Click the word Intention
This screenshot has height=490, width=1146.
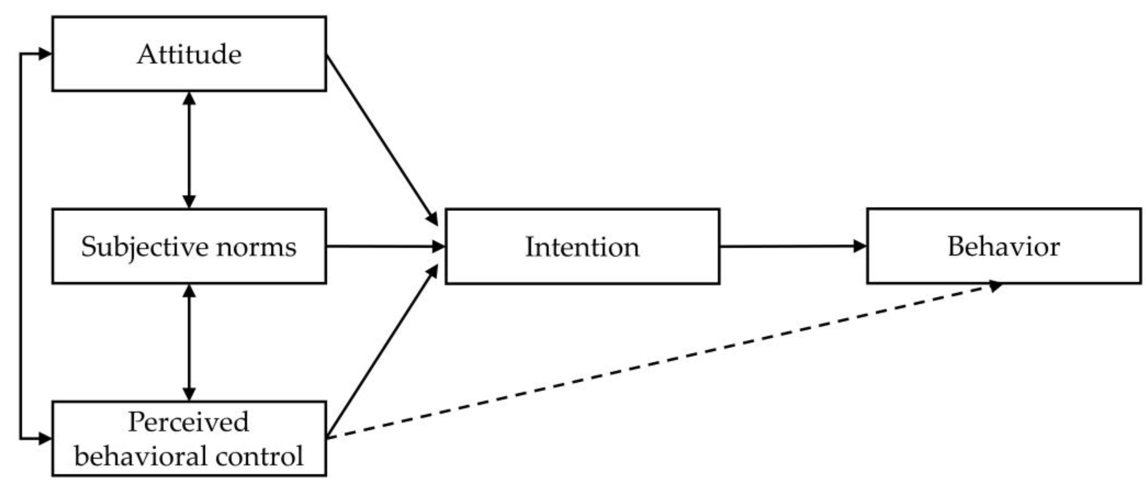[x=582, y=247]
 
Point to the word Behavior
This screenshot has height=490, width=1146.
[x=1003, y=246]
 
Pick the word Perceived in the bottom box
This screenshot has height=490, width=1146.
[x=188, y=422]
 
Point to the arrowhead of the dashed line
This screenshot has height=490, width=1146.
[x=995, y=286]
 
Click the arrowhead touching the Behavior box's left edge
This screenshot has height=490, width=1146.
[x=860, y=246]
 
